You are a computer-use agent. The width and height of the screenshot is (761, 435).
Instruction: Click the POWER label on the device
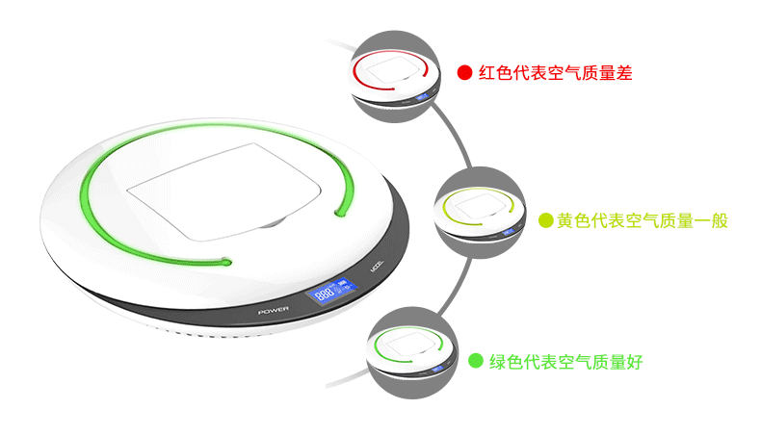275,310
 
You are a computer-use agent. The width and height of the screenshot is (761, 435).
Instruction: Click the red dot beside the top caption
464,72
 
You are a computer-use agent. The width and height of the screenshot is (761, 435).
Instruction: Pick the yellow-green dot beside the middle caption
545,220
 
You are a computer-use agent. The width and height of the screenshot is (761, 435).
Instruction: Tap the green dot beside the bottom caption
475,361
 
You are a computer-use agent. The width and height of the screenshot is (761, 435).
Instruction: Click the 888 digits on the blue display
325,294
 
